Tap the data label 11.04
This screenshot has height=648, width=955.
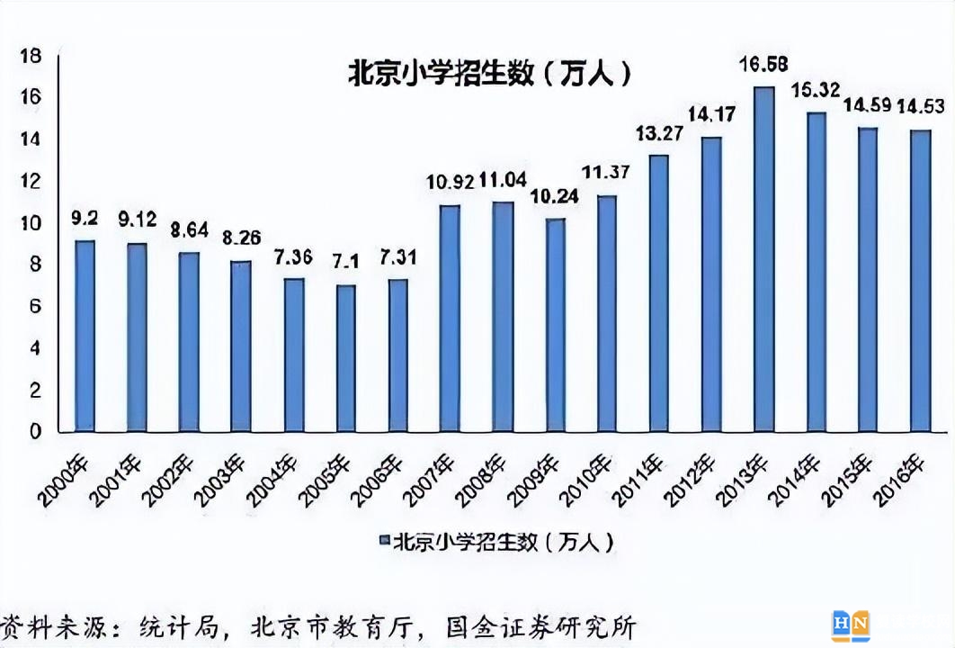point(503,179)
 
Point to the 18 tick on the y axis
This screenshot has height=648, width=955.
point(31,56)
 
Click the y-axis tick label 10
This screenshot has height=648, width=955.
point(31,223)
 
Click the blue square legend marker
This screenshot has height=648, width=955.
point(384,542)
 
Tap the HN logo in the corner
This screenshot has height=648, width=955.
point(850,625)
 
